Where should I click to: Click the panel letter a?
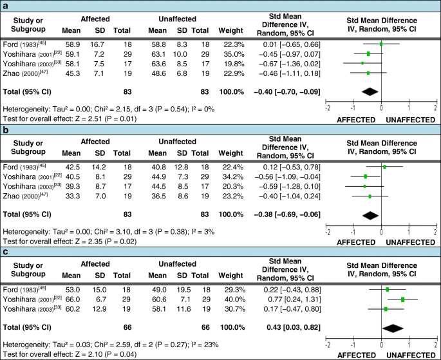coord(5,5)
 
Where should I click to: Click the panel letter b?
coord(5,128)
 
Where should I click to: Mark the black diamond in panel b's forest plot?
coord(371,214)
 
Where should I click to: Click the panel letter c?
coord(5,251)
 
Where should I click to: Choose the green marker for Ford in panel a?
coord(381,44)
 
